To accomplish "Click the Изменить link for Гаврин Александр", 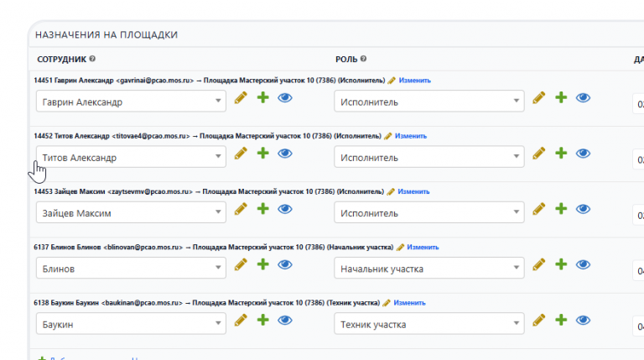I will [414, 81].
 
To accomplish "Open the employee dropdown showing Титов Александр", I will [131, 157].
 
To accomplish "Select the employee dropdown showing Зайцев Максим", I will [131, 213].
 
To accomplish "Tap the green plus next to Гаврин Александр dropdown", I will [262, 99].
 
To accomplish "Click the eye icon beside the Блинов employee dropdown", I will [284, 265].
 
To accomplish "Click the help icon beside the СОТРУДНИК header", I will [92, 59].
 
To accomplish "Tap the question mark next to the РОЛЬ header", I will [364, 59].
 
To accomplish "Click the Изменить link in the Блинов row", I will [423, 248].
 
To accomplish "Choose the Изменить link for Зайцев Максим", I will [413, 191].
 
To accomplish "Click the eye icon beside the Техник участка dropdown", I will [584, 321].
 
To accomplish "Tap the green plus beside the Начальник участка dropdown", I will [561, 265].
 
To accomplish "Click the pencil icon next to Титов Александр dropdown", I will [241, 154].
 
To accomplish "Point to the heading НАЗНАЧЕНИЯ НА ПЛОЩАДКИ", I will [106, 34].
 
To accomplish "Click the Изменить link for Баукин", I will [410, 303].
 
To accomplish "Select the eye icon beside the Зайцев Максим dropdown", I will [284, 210].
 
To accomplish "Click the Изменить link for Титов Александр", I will [411, 136].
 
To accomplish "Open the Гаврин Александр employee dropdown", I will [131, 102].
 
